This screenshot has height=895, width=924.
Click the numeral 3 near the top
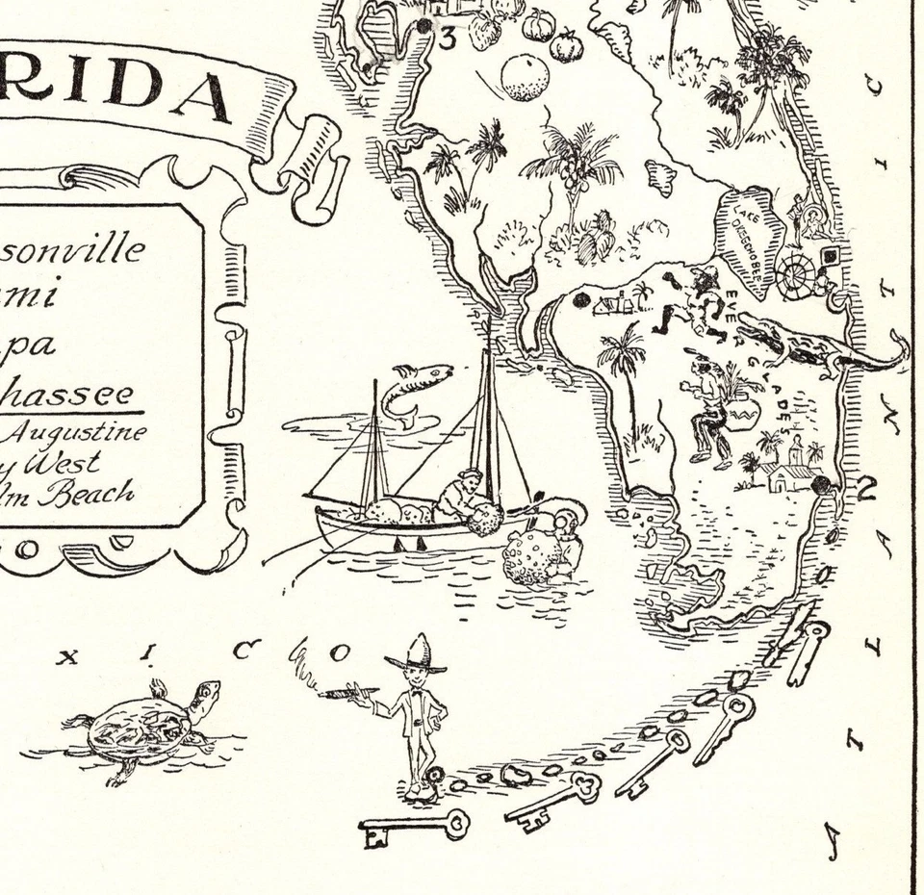(447, 38)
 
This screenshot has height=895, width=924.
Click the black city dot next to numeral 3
(423, 26)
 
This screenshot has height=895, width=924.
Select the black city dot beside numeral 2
(821, 485)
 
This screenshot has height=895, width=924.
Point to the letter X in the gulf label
(66, 658)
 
